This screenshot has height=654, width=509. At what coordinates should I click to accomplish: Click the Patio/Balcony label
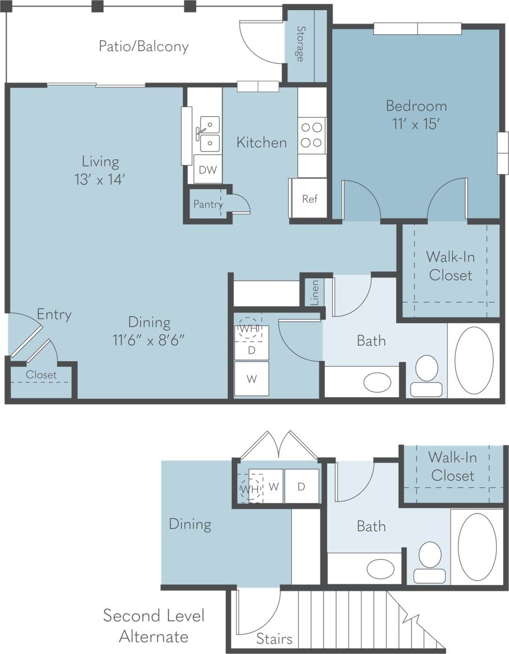click(143, 47)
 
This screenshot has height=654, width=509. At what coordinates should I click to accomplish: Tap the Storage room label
click(301, 43)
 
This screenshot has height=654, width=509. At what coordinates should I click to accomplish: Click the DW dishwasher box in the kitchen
click(207, 170)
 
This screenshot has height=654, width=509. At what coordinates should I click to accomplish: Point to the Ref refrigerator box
click(309, 198)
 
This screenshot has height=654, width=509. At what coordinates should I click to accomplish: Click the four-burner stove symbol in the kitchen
click(311, 135)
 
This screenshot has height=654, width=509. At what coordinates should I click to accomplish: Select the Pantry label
click(207, 204)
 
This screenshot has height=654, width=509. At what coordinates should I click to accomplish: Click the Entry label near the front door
click(54, 314)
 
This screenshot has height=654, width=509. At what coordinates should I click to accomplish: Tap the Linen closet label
click(315, 292)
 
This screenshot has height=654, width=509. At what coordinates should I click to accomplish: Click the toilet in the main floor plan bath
click(426, 375)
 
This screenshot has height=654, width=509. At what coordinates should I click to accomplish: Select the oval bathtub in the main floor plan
click(474, 360)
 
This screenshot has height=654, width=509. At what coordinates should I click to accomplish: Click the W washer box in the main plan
click(251, 379)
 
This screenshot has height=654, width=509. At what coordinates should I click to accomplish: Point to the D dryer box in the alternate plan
click(301, 486)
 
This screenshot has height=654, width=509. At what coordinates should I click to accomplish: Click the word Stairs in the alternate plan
click(274, 639)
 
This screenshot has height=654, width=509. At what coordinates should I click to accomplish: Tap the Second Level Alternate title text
click(154, 626)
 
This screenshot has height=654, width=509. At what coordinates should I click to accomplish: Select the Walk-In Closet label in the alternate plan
click(452, 466)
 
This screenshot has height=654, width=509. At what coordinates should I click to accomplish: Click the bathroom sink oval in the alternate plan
click(380, 569)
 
